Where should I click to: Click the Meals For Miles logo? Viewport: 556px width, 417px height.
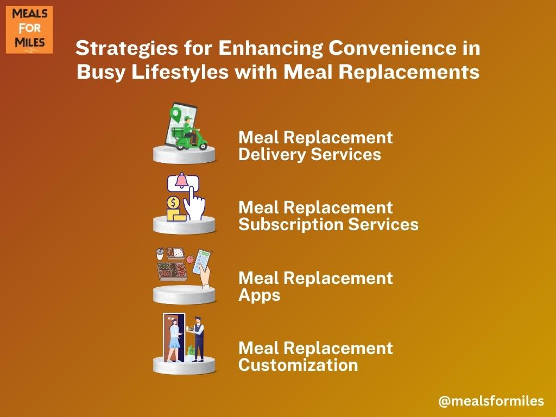29,30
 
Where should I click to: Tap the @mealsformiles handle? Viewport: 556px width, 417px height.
491,401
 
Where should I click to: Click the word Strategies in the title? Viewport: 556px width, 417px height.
127,48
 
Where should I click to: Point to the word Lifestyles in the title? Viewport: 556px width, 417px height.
180,72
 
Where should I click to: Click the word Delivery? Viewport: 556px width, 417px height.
272,155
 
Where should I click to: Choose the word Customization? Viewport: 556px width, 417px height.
298,365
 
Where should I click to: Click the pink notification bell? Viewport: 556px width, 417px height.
182,180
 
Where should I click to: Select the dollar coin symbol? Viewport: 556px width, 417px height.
173,203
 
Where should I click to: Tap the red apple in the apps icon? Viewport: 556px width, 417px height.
190,259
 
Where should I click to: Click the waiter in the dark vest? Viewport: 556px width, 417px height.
198,339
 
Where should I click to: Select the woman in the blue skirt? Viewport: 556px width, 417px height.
174,340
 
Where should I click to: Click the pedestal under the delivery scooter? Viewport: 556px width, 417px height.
184,154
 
